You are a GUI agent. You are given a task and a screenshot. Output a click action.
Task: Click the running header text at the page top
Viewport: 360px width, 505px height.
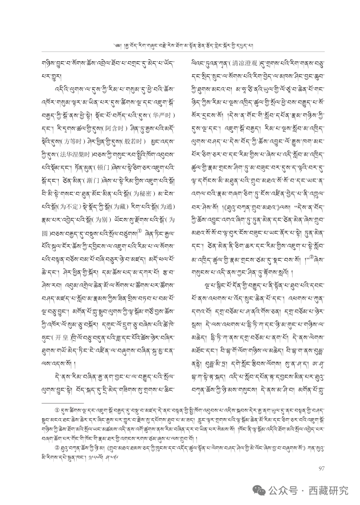pyautogui.click(x=180, y=45)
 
